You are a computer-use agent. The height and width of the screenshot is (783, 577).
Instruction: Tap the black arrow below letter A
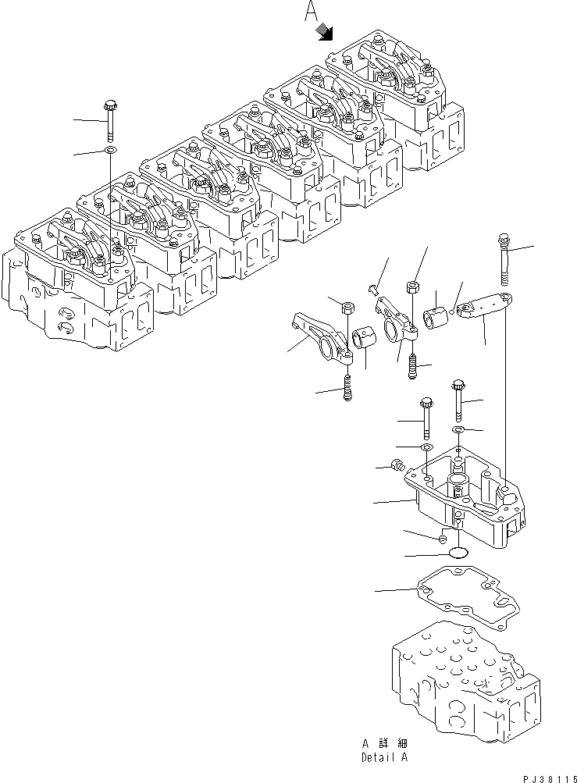coord(324,31)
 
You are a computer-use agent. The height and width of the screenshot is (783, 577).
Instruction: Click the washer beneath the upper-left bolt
coord(110,149)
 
